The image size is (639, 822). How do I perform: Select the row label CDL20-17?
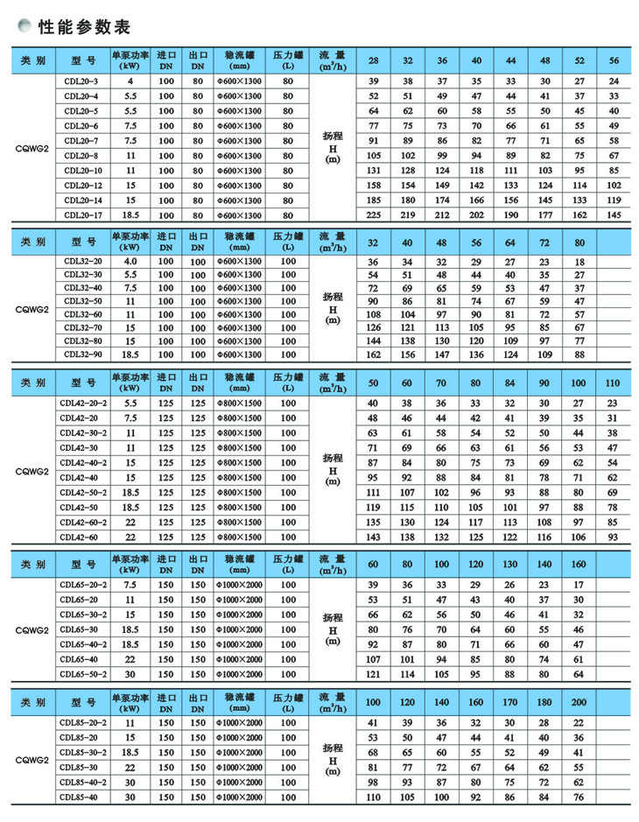click(81, 214)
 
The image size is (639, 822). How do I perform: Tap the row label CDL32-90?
click(81, 355)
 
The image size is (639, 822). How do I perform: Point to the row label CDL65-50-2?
click(84, 673)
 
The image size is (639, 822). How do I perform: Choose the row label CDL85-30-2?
click(84, 752)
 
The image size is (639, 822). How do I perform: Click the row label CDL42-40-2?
click(84, 462)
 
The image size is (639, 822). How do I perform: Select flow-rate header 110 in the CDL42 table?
click(612, 383)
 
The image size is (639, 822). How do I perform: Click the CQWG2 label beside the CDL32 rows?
click(32, 308)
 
